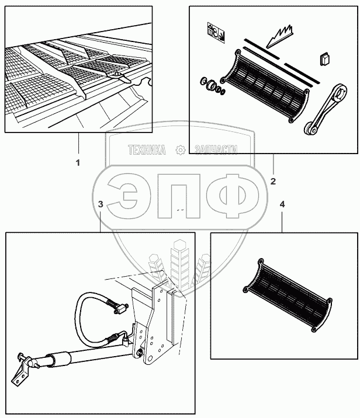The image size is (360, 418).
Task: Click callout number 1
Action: pyautogui.click(x=78, y=163)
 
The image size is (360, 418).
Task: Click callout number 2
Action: pyautogui.click(x=273, y=182)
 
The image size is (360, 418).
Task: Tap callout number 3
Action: pyautogui.click(x=101, y=204)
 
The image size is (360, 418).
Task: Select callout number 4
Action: pyautogui.click(x=282, y=204)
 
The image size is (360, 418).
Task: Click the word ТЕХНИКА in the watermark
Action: pyautogui.click(x=147, y=150)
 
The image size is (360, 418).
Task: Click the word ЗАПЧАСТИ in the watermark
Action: pyautogui.click(x=216, y=150)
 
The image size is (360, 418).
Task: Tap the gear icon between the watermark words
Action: pyautogui.click(x=181, y=150)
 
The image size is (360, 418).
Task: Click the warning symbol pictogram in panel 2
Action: pyautogui.click(x=216, y=33)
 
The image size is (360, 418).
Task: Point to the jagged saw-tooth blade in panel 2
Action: pyautogui.click(x=280, y=37)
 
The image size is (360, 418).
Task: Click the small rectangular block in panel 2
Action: pyautogui.click(x=324, y=59)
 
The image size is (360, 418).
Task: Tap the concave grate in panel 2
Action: pyautogui.click(x=264, y=86)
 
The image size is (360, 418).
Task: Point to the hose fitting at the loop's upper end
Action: pyautogui.click(x=117, y=307)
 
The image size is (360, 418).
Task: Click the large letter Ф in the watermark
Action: pyautogui.click(x=232, y=196)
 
